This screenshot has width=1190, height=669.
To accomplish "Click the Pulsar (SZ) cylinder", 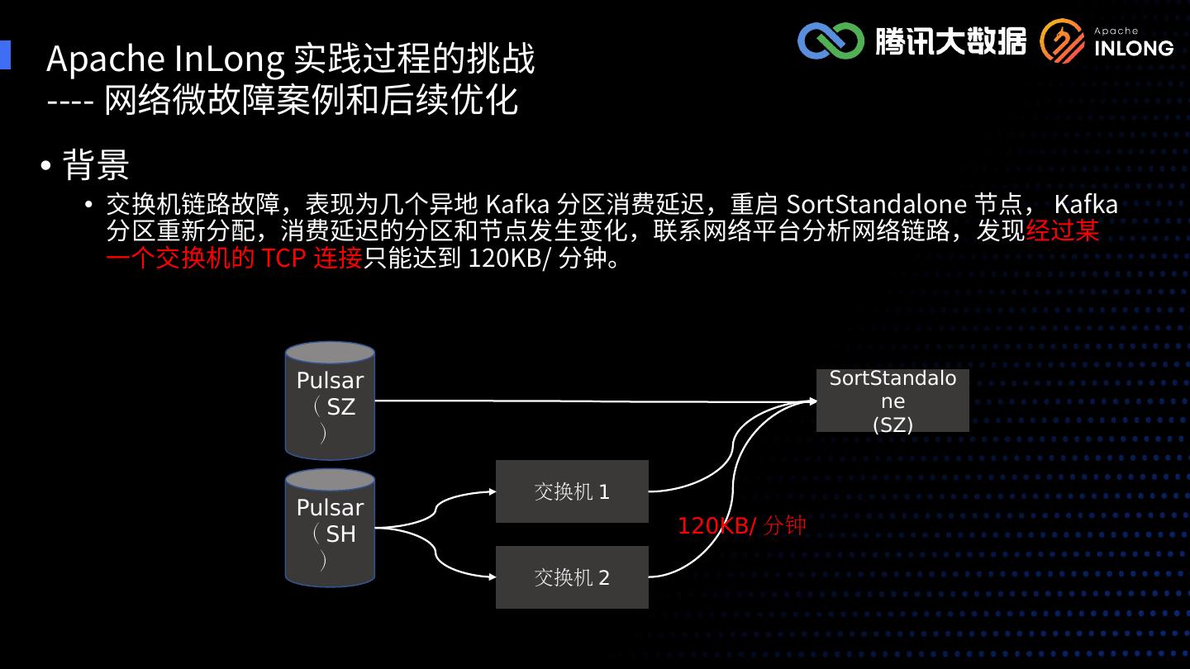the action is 330,401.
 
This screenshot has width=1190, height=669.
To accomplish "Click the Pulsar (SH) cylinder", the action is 330,528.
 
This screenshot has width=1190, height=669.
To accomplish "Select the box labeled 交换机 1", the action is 572,491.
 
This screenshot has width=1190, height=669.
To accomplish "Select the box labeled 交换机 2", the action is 572,577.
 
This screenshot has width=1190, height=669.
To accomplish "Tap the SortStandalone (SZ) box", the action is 892,401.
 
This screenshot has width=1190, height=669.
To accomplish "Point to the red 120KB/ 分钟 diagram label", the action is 741,526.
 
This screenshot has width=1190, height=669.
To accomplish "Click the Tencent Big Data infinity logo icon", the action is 831,40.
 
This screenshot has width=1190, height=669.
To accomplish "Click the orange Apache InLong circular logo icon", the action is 1063,41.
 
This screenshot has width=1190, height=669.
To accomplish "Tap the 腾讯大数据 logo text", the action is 950,40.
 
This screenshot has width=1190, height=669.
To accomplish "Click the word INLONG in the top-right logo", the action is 1134,48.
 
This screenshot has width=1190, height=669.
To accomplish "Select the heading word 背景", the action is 97,165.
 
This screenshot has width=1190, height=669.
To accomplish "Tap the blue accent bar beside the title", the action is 5,55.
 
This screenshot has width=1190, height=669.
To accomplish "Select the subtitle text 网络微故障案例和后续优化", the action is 312,100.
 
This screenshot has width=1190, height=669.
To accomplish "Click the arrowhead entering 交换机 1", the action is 492,492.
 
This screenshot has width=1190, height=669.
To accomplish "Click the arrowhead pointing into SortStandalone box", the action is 812,401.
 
